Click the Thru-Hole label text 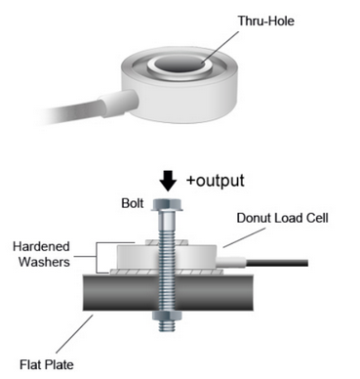(x=266, y=21)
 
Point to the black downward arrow (x=168, y=181)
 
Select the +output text (x=215, y=181)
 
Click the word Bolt (x=133, y=203)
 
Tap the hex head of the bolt (x=167, y=205)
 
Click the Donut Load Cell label (x=282, y=218)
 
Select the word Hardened (x=41, y=246)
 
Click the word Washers (x=44, y=262)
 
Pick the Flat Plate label (x=47, y=364)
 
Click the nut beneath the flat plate (x=167, y=316)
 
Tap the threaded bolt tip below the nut (x=167, y=326)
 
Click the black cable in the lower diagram (x=277, y=263)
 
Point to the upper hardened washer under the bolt (x=167, y=242)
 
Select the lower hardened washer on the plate (x=167, y=272)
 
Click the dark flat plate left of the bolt (x=121, y=292)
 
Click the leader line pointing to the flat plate (x=74, y=334)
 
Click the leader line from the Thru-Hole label (x=220, y=47)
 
